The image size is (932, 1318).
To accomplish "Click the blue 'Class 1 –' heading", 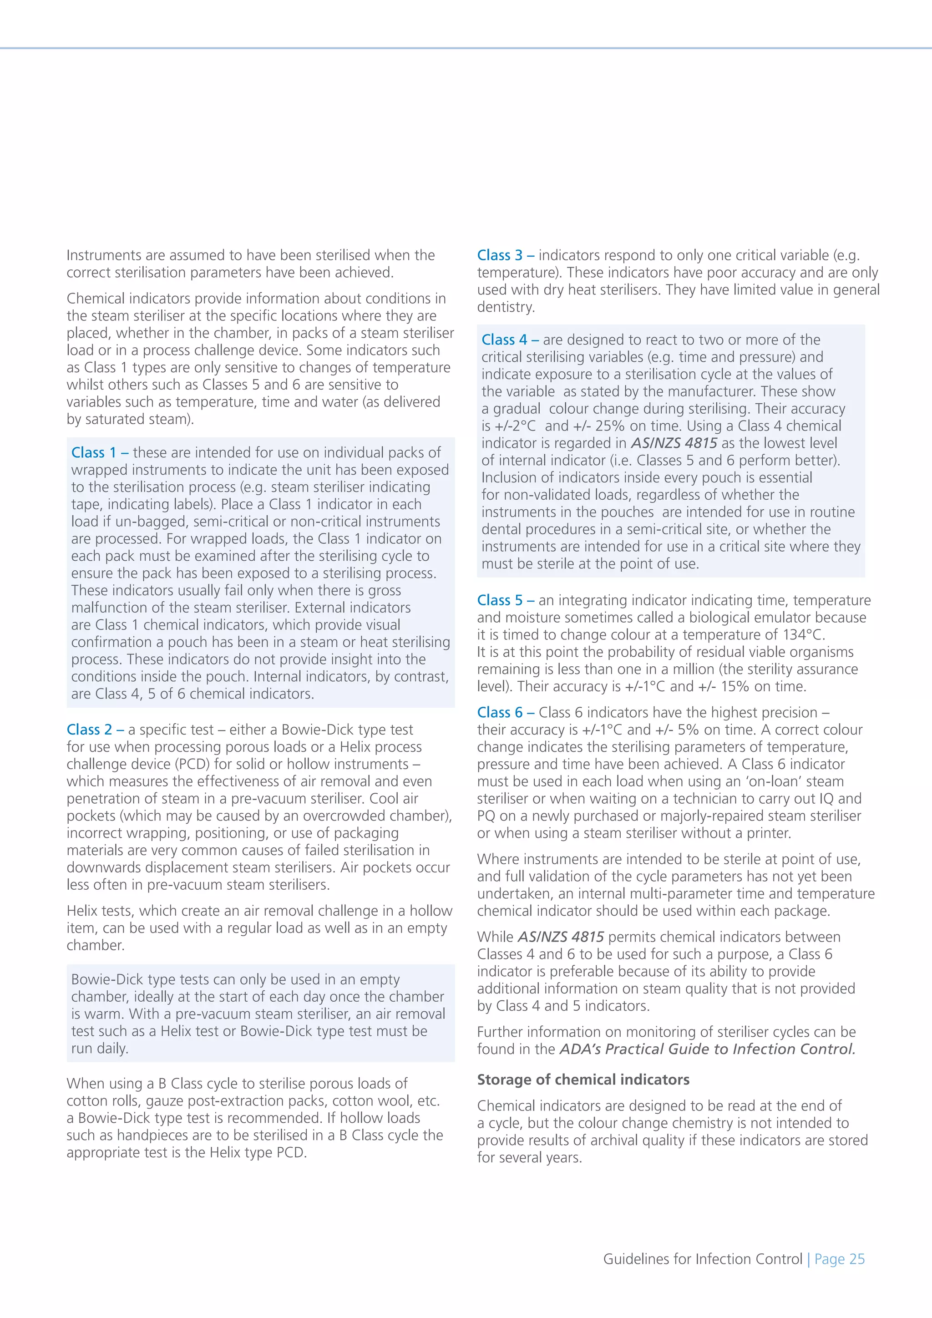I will [99, 452].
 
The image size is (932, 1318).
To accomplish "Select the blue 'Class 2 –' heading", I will [95, 730].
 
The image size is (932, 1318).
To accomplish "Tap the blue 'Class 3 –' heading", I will [505, 255].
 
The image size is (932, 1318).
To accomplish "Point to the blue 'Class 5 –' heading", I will [505, 600].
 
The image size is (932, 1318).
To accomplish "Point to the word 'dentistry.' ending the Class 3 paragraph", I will [506, 307].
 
